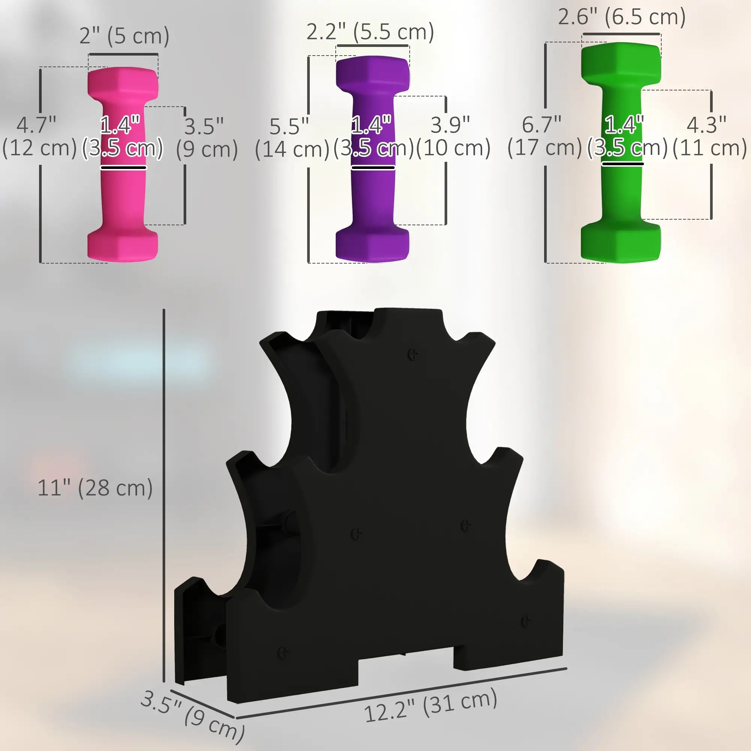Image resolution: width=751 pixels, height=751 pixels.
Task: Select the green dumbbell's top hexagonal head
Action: [x=620, y=62]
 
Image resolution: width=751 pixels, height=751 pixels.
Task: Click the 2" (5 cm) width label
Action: [x=124, y=36]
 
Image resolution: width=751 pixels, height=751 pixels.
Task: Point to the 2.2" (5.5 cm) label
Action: [x=370, y=32]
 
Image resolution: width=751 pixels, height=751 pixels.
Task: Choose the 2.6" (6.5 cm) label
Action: [x=621, y=17]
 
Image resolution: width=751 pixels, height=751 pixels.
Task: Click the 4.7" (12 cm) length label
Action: [x=39, y=136]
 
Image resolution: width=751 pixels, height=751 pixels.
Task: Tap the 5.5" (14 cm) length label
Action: [x=291, y=137]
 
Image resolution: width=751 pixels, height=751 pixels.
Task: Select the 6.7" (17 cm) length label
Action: [x=544, y=136]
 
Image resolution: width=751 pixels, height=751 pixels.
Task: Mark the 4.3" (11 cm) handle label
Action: [x=709, y=136]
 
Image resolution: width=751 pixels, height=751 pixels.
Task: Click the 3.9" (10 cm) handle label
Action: [x=453, y=136]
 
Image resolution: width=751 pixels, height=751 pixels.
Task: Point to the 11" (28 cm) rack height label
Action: [x=95, y=488]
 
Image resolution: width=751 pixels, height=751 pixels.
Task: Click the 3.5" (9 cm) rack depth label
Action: [x=193, y=715]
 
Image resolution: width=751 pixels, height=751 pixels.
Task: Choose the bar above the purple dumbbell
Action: [x=372, y=46]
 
